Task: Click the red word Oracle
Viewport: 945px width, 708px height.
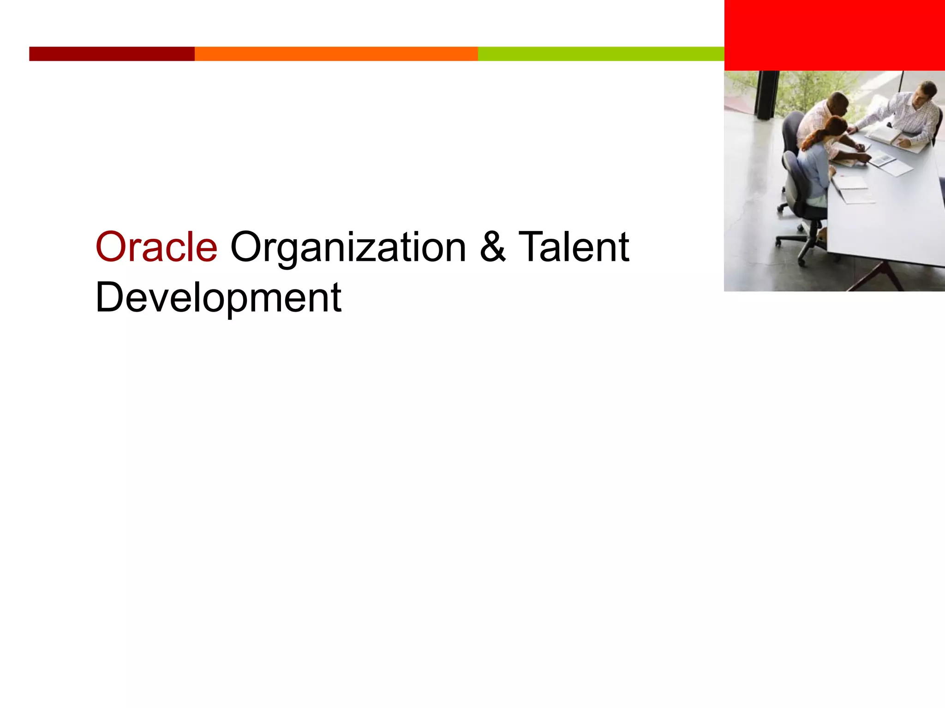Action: (x=156, y=248)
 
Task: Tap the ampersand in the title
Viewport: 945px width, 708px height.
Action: (x=492, y=248)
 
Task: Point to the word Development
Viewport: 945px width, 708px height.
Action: (x=218, y=298)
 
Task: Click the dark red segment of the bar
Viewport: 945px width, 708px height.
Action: (x=112, y=54)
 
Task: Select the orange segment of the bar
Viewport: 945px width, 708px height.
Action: (x=336, y=54)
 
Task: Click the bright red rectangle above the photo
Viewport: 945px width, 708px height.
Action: (x=834, y=35)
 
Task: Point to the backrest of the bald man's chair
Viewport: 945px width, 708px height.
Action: (x=791, y=131)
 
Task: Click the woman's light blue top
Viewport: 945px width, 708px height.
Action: (x=814, y=171)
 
